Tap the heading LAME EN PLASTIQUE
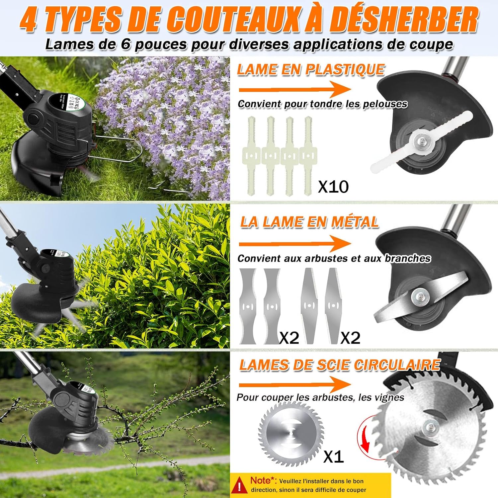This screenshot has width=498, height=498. click(x=310, y=70)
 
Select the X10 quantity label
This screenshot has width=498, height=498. click(x=333, y=187)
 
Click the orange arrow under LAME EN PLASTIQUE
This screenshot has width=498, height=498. click(x=294, y=89)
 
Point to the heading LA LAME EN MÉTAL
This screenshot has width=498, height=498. click(x=309, y=222)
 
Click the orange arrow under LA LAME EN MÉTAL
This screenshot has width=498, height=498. click(x=294, y=243)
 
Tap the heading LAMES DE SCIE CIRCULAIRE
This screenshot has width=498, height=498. click(x=340, y=365)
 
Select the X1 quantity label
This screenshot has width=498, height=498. click(x=333, y=457)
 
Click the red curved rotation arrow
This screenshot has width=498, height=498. click(x=364, y=438)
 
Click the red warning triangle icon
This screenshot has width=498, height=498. click(x=239, y=485)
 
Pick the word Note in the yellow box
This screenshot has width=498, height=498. click(x=260, y=480)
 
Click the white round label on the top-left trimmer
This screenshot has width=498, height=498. click(x=69, y=102)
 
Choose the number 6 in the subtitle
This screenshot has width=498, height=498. click(x=125, y=44)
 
